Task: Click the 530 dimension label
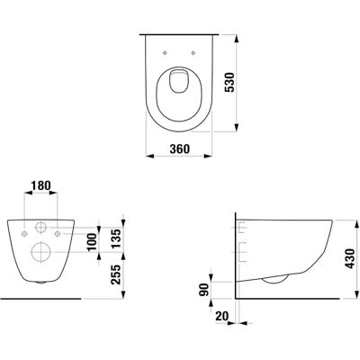[231, 82]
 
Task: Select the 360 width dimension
[179, 148]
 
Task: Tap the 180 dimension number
[40, 185]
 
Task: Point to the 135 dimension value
[116, 238]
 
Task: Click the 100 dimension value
[93, 241]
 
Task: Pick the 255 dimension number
[116, 274]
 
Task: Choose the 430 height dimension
[349, 258]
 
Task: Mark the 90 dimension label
[204, 290]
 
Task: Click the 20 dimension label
[222, 316]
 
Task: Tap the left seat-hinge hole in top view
[165, 53]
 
